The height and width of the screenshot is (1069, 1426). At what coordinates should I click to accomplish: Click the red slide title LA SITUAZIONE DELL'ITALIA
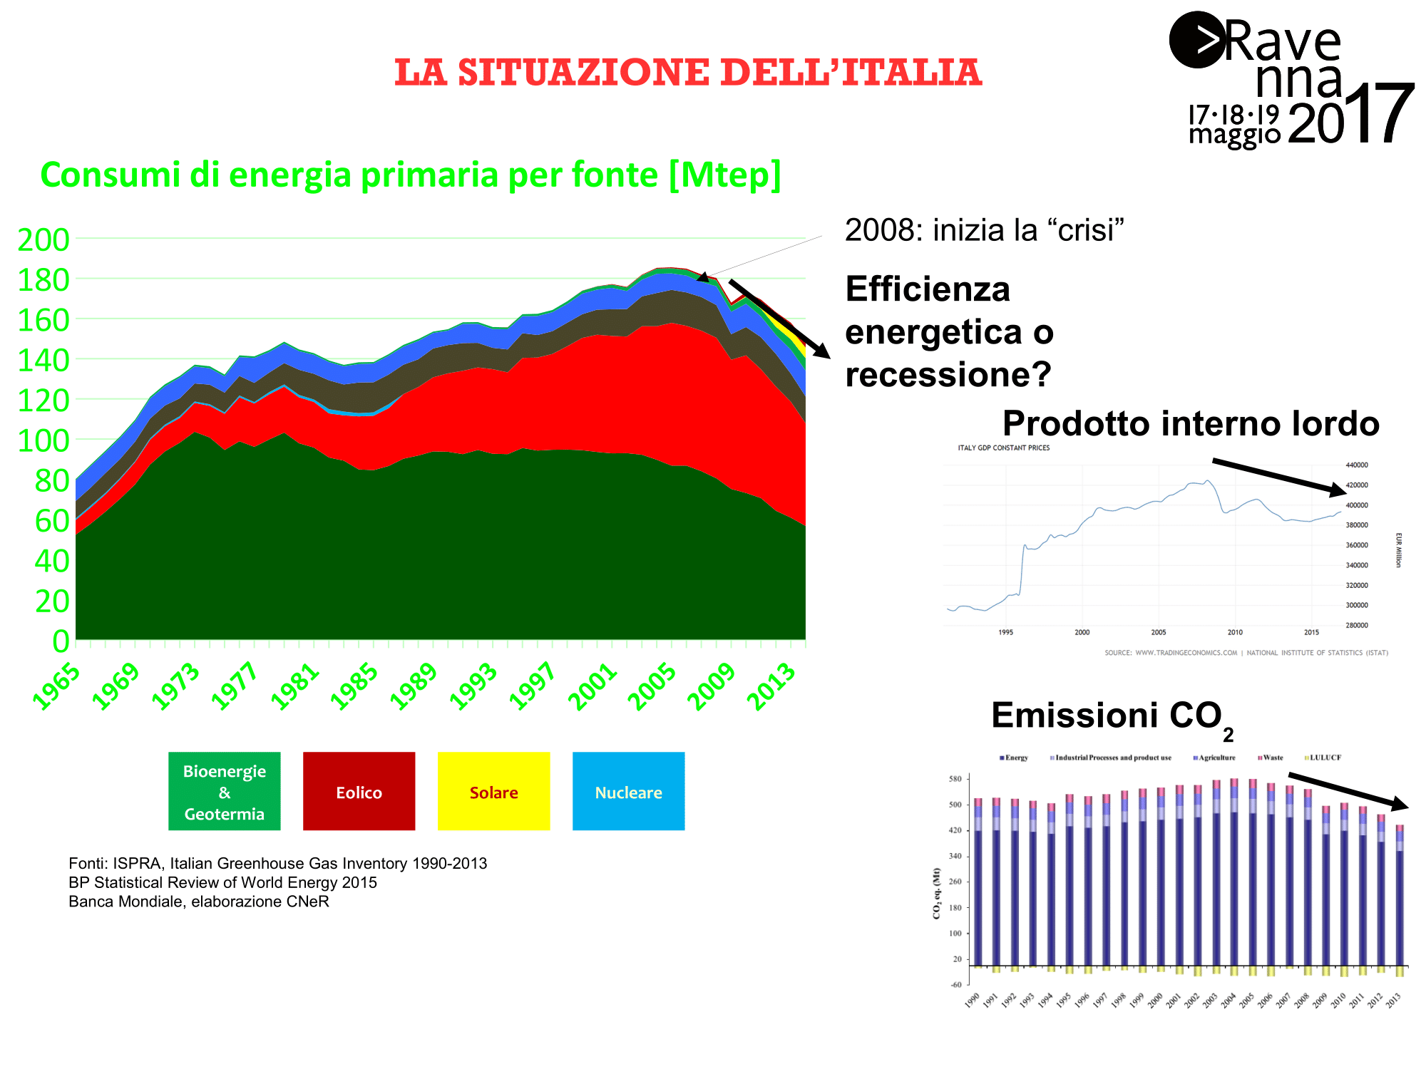pyautogui.click(x=688, y=73)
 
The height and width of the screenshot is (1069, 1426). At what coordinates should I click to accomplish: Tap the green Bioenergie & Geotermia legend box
pyautogui.click(x=224, y=792)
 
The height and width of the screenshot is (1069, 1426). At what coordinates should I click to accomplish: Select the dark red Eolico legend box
pyautogui.click(x=359, y=792)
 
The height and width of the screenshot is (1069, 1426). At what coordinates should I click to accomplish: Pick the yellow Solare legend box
pyautogui.click(x=493, y=792)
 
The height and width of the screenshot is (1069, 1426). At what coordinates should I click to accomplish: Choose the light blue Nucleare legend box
pyautogui.click(x=628, y=792)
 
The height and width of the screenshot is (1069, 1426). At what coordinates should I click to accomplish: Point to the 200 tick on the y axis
pyautogui.click(x=43, y=240)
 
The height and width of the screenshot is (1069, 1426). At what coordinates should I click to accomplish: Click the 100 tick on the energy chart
pyautogui.click(x=43, y=441)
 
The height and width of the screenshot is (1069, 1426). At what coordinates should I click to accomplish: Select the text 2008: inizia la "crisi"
pyautogui.click(x=984, y=230)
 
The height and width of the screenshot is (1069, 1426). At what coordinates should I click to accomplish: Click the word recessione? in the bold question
pyautogui.click(x=948, y=375)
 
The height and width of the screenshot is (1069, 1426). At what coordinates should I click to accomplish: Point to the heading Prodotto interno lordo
pyautogui.click(x=1191, y=423)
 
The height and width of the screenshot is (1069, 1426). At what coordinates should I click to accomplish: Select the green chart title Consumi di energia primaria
pyautogui.click(x=411, y=175)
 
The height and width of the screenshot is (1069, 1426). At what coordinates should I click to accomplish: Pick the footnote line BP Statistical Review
pyautogui.click(x=222, y=882)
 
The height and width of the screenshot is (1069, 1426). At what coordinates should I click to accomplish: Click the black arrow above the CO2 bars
pyautogui.click(x=1348, y=790)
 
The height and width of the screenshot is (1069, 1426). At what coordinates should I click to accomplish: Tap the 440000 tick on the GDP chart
pyautogui.click(x=1356, y=465)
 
